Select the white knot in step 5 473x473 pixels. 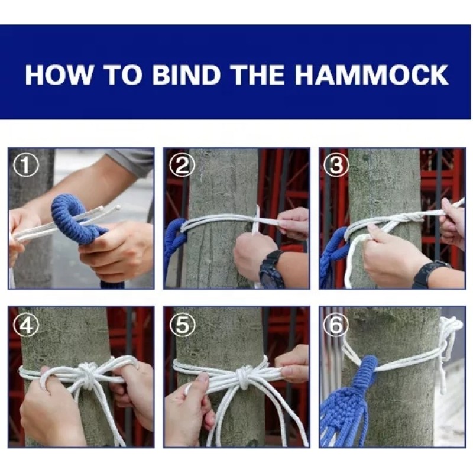pos(244,374)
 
